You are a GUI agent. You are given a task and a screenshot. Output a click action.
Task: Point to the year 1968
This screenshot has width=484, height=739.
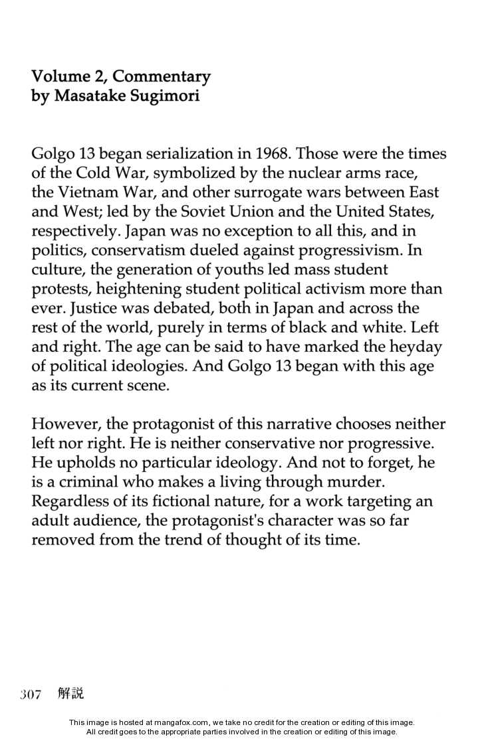(273, 155)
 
